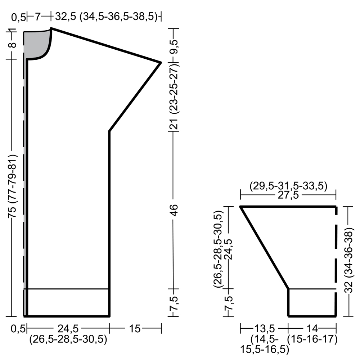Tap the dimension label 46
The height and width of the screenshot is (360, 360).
point(175,210)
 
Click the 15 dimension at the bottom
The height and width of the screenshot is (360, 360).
point(135,329)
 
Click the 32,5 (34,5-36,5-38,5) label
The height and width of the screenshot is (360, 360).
point(106,17)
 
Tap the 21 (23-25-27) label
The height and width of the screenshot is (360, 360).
point(175,96)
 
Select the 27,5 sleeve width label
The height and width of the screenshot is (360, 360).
point(288,195)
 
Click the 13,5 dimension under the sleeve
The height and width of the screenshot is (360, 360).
point(264,329)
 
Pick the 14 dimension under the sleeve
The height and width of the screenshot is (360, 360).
point(312,329)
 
